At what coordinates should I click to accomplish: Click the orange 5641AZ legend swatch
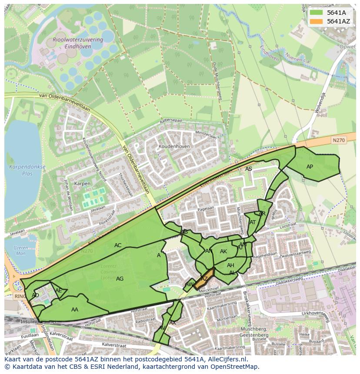tap(316, 21)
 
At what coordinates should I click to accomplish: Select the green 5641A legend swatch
tap(316, 13)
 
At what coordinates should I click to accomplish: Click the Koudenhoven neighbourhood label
tap(174, 147)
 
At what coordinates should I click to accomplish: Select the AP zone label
tap(310, 167)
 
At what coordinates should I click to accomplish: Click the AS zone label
tap(248, 169)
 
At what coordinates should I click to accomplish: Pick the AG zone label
tap(120, 279)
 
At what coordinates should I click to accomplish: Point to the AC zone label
tap(118, 245)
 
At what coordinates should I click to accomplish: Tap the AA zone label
tap(75, 309)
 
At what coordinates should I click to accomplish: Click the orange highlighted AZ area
tap(203, 279)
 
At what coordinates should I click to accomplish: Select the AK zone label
tap(223, 252)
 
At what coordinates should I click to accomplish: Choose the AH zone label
tap(230, 265)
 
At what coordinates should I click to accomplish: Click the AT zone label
tap(253, 222)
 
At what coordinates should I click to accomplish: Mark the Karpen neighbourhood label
tap(82, 184)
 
